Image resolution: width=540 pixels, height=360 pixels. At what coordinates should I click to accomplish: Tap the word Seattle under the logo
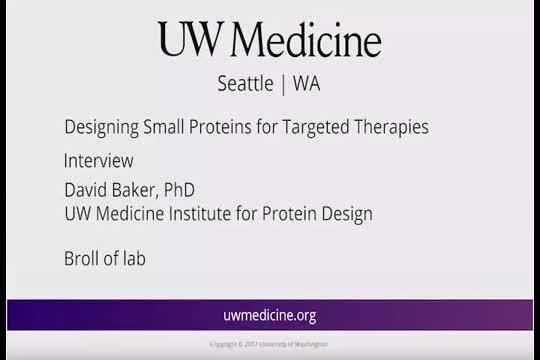[x=245, y=84]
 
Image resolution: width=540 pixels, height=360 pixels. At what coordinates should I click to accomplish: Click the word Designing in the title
[x=101, y=127]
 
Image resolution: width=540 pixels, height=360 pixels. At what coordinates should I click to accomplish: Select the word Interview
[x=98, y=160]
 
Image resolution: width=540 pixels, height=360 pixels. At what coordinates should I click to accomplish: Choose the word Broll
[x=84, y=259]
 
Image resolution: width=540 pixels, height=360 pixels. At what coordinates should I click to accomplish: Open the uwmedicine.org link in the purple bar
[x=269, y=315]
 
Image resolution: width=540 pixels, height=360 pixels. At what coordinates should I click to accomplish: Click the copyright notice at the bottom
[x=269, y=343]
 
